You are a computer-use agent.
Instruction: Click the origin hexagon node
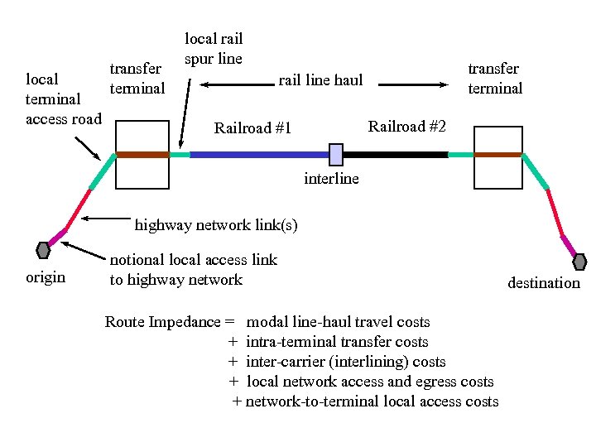(x=43, y=249)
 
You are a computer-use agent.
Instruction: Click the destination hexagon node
(x=579, y=262)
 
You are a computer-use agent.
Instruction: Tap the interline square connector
(x=336, y=154)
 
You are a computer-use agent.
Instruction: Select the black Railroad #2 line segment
(x=395, y=154)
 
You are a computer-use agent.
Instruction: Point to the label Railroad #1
(x=252, y=128)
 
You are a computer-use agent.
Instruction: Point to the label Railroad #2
(x=406, y=127)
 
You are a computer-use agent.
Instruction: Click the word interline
(x=331, y=178)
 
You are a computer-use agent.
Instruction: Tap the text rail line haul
(x=320, y=80)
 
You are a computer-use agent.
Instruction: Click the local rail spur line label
(x=213, y=48)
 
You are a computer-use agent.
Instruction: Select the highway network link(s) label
(x=216, y=224)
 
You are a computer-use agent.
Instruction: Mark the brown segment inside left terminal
(x=142, y=154)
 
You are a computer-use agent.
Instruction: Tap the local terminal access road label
(x=64, y=99)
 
